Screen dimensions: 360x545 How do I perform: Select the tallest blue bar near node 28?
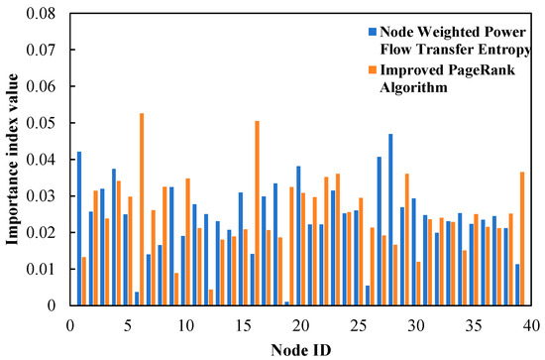pos(390,219)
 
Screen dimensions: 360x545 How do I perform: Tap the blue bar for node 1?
pos(79,228)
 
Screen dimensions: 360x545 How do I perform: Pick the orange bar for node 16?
pos(258,213)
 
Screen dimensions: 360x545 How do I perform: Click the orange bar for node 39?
pos(522,238)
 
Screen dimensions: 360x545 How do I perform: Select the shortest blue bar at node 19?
pos(286,302)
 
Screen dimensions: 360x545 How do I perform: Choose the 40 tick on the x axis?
pos(530,324)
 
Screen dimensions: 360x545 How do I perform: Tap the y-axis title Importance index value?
pos(14,159)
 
